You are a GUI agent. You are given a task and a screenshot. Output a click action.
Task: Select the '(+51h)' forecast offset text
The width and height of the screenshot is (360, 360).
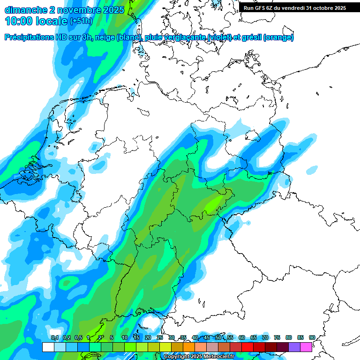pyautogui.click(x=81, y=21)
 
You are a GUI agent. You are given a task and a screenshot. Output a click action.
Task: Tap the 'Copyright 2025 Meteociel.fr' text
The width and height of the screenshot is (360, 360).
pyautogui.click(x=199, y=357)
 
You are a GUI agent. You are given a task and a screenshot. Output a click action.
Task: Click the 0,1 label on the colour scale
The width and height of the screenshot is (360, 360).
pyautogui.click(x=54, y=337)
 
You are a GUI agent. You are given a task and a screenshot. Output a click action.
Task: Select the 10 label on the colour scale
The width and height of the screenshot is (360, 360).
pyautogui.click(x=125, y=337)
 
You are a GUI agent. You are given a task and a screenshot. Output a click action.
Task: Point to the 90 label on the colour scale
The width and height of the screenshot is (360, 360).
pyautogui.click(x=312, y=337)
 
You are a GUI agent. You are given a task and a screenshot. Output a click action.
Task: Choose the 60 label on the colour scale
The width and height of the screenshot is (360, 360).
pyautogui.click(x=242, y=337)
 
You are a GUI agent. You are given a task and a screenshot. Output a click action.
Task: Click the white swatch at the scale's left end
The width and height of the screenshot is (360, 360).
pyautogui.click(x=48, y=347)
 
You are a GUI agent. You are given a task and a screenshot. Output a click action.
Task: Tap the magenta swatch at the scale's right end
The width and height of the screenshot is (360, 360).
pyautogui.click(x=306, y=347)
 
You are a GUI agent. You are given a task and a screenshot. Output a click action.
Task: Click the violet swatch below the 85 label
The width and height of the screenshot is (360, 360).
pyautogui.click(x=294, y=347)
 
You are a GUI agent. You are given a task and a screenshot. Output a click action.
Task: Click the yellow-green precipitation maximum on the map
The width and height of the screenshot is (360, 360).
pyautogui.click(x=214, y=204)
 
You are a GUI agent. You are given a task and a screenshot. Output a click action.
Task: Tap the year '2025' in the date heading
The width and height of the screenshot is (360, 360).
pyautogui.click(x=111, y=9)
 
